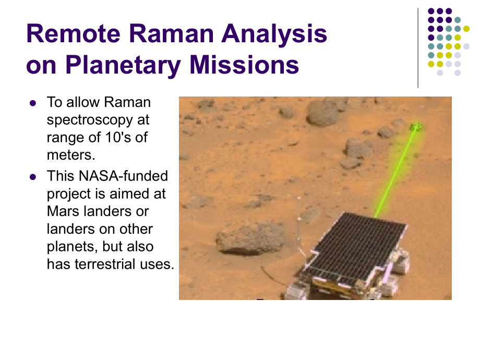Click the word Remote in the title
[x=74, y=33]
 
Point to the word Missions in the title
[x=244, y=65]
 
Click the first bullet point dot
[x=33, y=103]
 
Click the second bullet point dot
[x=33, y=177]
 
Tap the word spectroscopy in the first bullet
[x=90, y=121]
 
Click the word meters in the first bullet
[x=69, y=155]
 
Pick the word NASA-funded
[x=123, y=176]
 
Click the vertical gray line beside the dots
[x=418, y=48]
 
